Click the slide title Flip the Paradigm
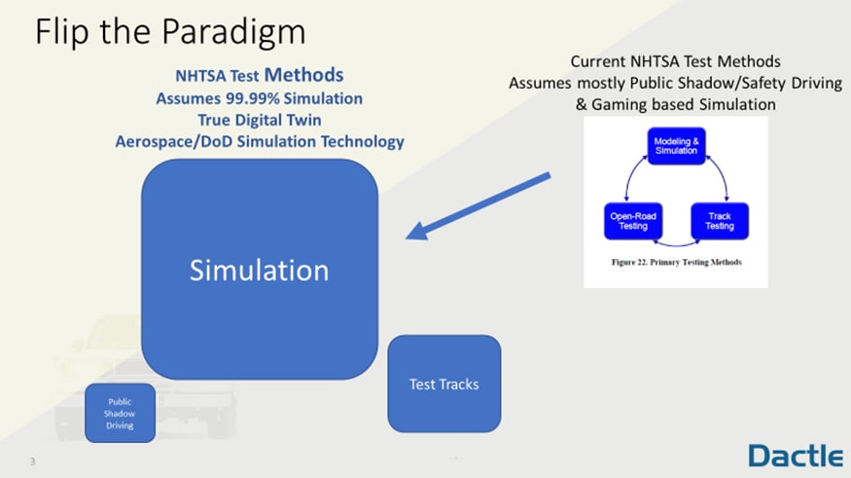click(170, 32)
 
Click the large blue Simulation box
click(259, 269)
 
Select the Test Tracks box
click(443, 384)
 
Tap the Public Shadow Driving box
click(120, 413)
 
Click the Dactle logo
click(795, 455)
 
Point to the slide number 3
click(32, 461)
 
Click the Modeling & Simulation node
click(677, 146)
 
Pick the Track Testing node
click(720, 221)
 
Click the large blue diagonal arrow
click(479, 206)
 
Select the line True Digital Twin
click(259, 120)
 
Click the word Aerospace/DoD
click(171, 141)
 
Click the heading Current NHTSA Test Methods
click(675, 62)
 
